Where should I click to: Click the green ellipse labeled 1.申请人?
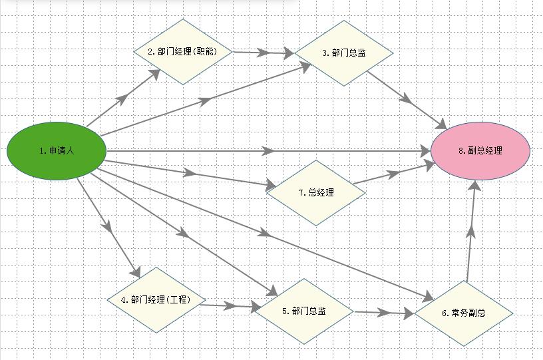[57, 151]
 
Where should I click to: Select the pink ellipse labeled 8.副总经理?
[480, 150]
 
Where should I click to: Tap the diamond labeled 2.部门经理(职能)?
[183, 52]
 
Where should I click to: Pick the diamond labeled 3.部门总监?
[344, 53]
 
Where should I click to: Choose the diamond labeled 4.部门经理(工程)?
[156, 299]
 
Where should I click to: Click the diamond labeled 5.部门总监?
[304, 311]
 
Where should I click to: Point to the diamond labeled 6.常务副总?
[464, 313]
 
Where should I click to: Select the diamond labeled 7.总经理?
[316, 193]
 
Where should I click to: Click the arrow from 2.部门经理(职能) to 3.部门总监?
[264, 53]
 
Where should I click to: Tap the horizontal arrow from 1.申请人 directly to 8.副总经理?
[269, 151]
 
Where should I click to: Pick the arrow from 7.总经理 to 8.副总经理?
[395, 173]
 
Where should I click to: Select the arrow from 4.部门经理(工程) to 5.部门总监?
[231, 306]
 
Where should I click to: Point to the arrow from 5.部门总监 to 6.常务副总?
[384, 313]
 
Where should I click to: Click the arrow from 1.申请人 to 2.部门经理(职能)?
[123, 98]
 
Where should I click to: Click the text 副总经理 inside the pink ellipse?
[485, 150]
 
